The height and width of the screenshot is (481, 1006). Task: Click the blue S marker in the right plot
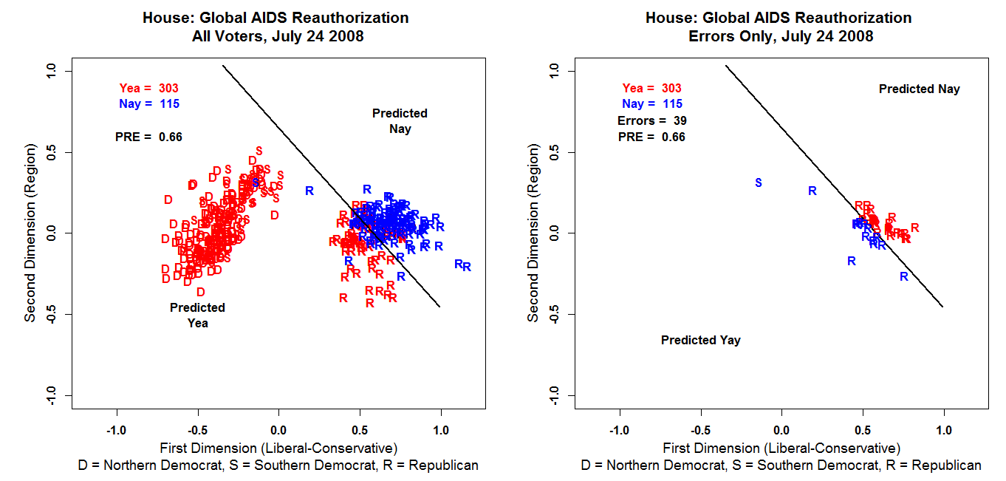(758, 182)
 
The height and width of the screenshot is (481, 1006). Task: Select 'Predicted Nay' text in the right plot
(919, 89)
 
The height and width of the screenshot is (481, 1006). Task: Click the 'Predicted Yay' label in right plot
(700, 341)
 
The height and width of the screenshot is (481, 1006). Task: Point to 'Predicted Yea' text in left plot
(197, 315)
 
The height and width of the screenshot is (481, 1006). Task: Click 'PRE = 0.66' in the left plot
(148, 137)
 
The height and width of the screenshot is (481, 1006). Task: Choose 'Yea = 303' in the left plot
(148, 89)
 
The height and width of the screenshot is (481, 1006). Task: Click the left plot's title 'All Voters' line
(276, 35)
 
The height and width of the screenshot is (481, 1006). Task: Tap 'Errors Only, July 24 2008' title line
(779, 35)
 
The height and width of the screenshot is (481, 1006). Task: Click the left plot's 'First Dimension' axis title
(278, 448)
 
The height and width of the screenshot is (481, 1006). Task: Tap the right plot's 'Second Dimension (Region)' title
(533, 233)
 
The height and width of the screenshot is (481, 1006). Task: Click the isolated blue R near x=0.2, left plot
(309, 191)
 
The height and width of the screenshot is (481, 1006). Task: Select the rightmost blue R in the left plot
(467, 267)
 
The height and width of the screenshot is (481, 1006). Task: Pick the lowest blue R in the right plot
(903, 276)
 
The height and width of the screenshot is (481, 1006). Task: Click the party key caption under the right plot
(781, 465)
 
